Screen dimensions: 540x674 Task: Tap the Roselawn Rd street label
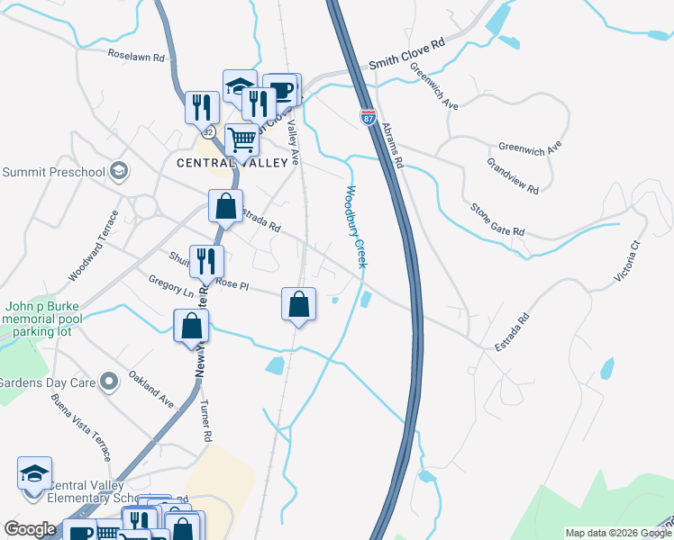tap(136, 56)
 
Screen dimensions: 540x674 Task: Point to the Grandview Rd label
tap(512, 176)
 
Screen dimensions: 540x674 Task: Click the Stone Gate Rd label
tap(497, 219)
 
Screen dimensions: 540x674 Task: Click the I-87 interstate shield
tap(368, 117)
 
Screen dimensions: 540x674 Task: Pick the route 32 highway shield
tap(208, 132)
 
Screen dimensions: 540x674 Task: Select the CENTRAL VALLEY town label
tap(237, 163)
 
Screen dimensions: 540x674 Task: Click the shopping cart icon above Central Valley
tap(241, 139)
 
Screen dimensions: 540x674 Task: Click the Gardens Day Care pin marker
tap(109, 382)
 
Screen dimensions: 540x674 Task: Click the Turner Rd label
tap(206, 420)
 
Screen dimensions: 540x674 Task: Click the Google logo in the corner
tap(30, 529)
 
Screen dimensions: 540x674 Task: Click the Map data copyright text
tap(618, 533)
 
